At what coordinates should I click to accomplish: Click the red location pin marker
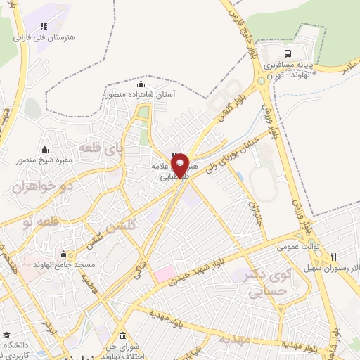pos(180,165)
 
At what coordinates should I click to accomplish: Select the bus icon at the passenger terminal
pos(288,54)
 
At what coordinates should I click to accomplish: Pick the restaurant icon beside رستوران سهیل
pos(334,257)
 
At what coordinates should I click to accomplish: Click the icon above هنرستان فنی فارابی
pos(44,27)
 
